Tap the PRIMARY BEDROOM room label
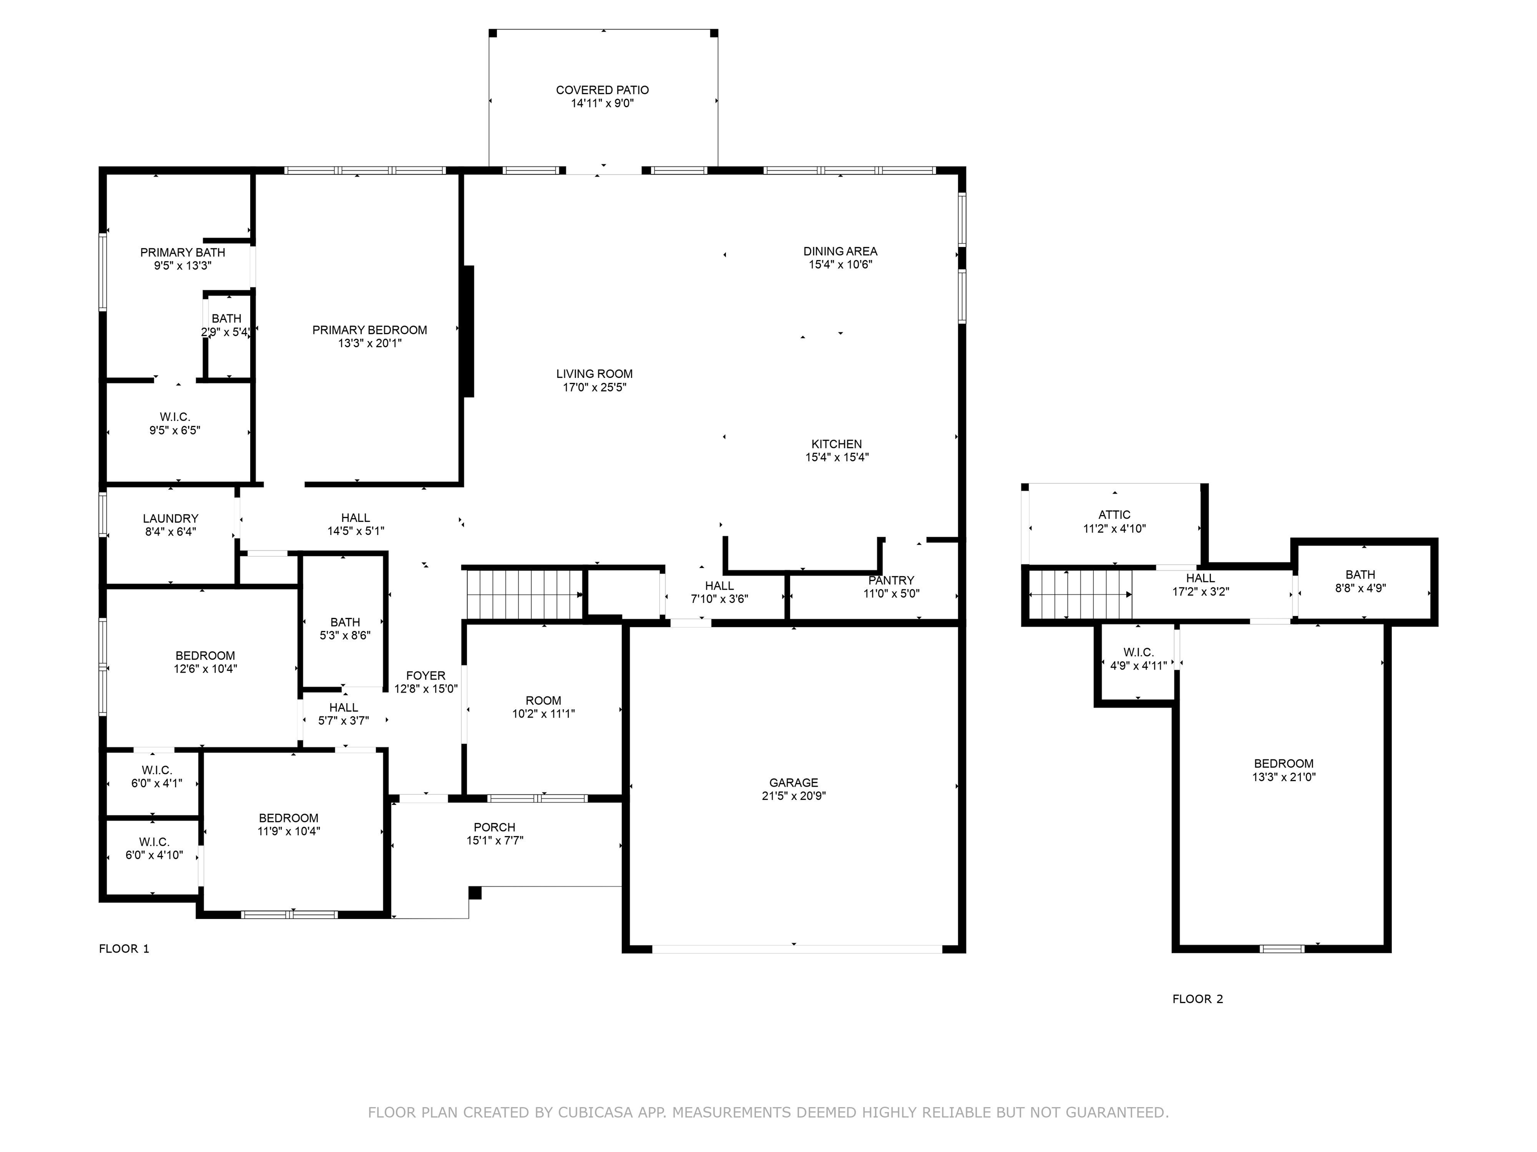(x=370, y=330)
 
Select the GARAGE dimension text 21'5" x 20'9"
(x=794, y=796)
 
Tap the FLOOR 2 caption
(x=1198, y=999)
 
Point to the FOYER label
(x=426, y=675)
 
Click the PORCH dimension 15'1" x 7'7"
(x=495, y=840)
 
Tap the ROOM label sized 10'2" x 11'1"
(x=543, y=700)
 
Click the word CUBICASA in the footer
(x=595, y=1112)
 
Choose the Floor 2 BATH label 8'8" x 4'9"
(x=1360, y=575)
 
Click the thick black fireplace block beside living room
(x=469, y=331)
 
